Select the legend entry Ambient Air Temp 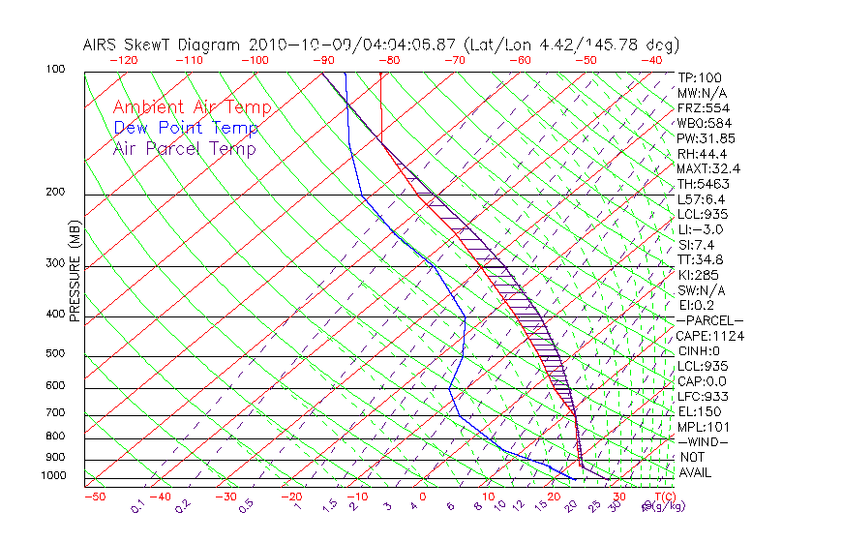point(192,107)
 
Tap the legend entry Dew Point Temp point(186,128)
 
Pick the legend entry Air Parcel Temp point(184,148)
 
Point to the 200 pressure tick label point(56,193)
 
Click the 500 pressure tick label point(56,354)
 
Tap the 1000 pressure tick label point(53,476)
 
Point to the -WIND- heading point(703,441)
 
